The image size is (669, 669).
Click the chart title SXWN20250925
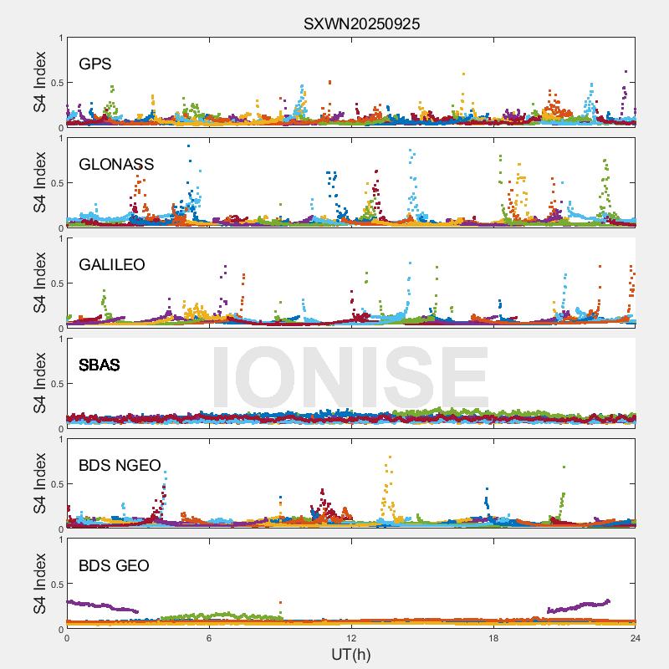click(x=361, y=24)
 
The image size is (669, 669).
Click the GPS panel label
click(x=95, y=64)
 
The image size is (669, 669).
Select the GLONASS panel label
click(x=116, y=165)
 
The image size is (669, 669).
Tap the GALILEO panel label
click(x=112, y=265)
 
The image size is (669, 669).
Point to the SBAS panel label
click(x=100, y=365)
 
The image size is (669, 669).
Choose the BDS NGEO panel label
click(x=120, y=466)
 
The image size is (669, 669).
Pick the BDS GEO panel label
click(x=114, y=566)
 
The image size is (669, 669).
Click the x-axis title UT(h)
click(x=351, y=654)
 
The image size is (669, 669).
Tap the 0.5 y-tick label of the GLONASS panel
click(x=54, y=183)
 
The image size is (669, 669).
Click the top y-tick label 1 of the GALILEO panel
click(x=60, y=238)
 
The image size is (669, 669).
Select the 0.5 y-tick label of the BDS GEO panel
click(x=54, y=585)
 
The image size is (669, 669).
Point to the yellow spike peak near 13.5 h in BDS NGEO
click(x=390, y=457)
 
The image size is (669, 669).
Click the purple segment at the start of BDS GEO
click(x=100, y=605)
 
